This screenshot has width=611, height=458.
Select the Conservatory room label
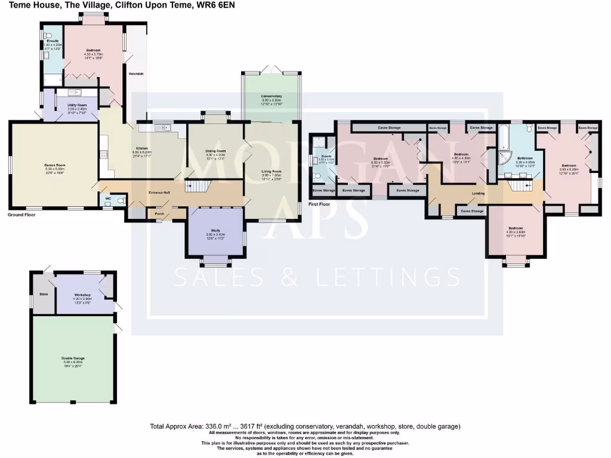(271, 96)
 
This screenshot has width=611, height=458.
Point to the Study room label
(216, 231)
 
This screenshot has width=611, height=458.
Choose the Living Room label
(271, 171)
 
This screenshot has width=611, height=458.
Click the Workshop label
(82, 295)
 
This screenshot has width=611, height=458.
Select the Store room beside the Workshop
(44, 293)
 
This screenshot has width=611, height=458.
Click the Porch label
(159, 213)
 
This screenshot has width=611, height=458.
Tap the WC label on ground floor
(108, 198)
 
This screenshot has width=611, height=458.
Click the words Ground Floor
(23, 214)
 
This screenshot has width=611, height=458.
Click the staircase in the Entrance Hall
(196, 186)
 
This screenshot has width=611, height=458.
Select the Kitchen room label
(141, 148)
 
